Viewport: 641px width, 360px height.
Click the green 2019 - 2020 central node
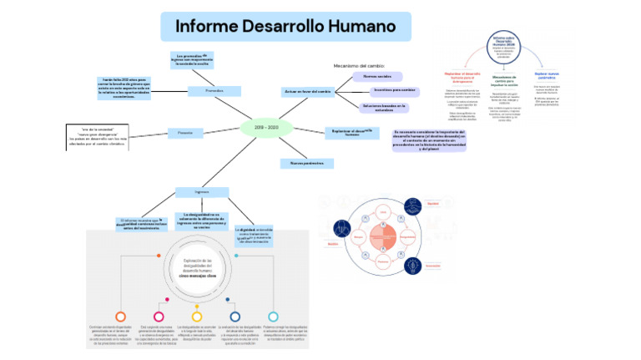(x=266, y=127)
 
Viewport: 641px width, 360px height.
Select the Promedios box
(x=215, y=90)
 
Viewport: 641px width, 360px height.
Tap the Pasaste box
(x=185, y=132)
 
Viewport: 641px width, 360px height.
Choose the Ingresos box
(x=201, y=190)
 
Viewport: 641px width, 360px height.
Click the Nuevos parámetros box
(x=306, y=163)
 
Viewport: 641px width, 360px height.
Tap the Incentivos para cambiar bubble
(x=395, y=90)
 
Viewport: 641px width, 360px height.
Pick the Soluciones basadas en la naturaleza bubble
(x=384, y=107)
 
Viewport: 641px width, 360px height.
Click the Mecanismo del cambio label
(x=359, y=65)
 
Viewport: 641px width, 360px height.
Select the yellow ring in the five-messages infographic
(x=197, y=317)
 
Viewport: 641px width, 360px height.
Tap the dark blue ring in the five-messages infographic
(x=235, y=316)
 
